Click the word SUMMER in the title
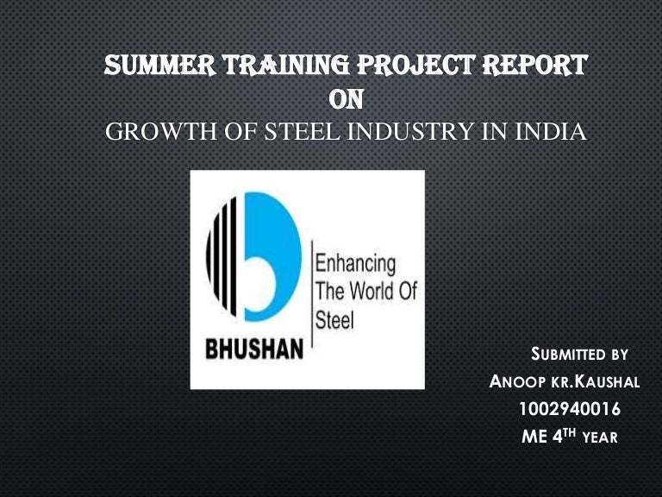coord(149,66)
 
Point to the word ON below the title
coord(347,100)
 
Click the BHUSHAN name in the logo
coord(254,350)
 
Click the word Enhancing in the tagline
coord(355,263)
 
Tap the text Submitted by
coord(579,354)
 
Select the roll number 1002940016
coord(570,409)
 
